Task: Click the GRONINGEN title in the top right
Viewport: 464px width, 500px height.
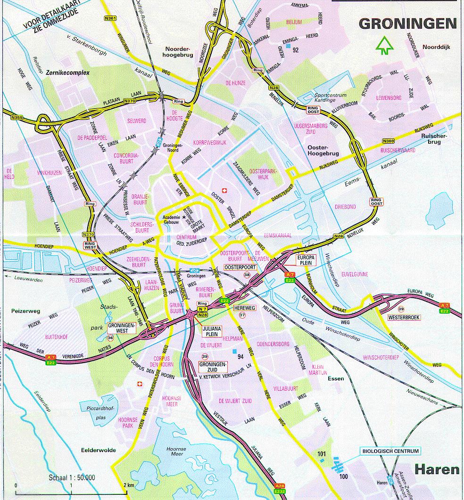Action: pos(407,24)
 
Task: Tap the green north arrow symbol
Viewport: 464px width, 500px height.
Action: pos(385,45)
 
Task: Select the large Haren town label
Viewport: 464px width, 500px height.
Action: pos(437,469)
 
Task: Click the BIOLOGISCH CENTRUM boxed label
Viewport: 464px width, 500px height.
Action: pos(390,451)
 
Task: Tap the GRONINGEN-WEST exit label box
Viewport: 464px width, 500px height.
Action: pos(122,328)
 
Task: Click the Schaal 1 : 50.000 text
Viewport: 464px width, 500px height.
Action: pos(72,477)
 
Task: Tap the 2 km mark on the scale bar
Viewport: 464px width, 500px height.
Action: pos(128,485)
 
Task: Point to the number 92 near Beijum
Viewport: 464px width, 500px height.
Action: pos(296,50)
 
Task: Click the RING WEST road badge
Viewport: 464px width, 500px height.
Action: pos(90,245)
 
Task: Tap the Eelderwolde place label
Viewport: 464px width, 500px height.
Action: pos(98,450)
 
